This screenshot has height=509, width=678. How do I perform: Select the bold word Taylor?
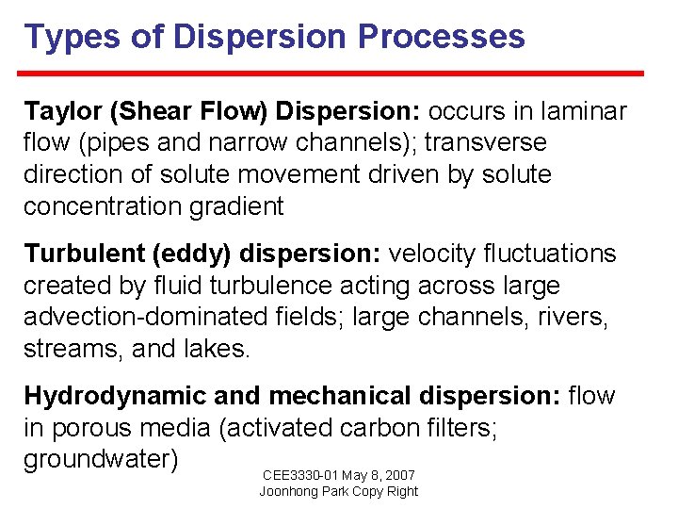[63, 111]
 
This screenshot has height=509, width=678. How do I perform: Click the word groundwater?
[101, 461]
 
